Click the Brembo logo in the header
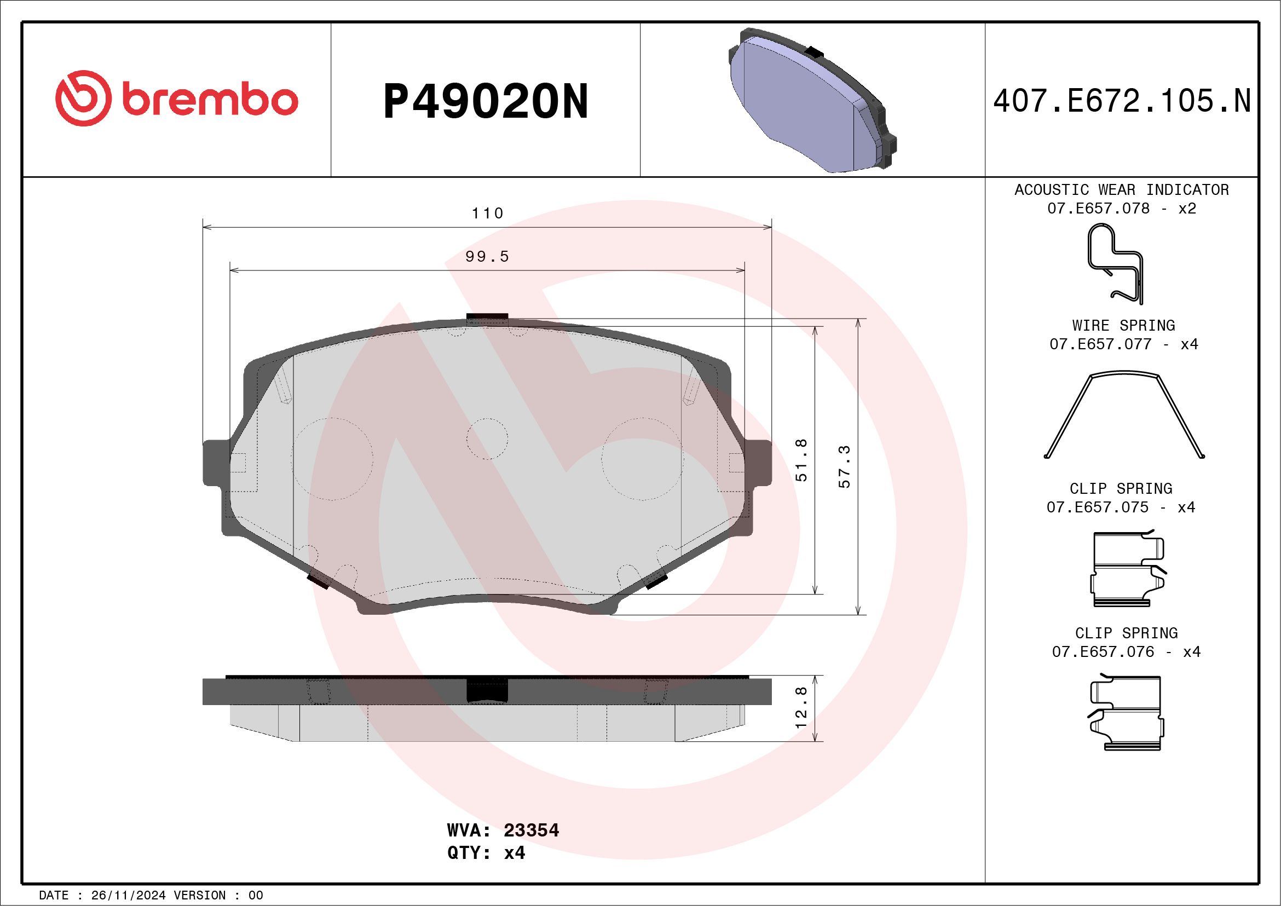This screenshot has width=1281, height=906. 176,100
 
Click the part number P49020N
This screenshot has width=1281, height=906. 486,102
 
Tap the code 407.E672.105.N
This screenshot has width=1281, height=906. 1122,101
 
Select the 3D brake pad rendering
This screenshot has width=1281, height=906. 812,100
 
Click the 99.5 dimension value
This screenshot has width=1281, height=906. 487,257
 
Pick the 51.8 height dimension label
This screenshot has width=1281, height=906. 802,460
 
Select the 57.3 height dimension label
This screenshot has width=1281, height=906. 845,466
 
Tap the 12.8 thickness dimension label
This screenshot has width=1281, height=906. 802,708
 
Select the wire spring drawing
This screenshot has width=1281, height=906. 1124,415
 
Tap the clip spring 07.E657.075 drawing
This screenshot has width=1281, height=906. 1127,569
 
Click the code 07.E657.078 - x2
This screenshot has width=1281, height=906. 1122,209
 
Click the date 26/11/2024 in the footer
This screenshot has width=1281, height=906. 128,896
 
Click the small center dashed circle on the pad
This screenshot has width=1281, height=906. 487,438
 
